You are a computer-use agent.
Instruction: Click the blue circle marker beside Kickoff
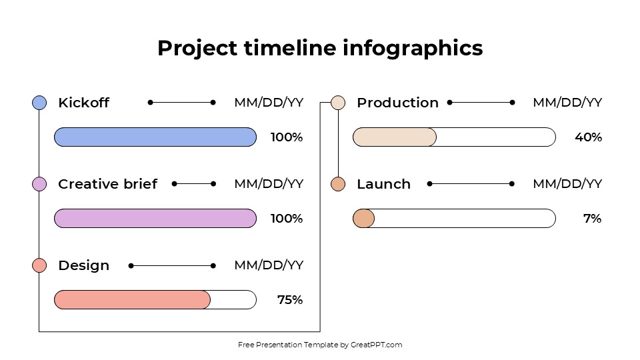(x=39, y=103)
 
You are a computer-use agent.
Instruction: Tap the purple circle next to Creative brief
(x=39, y=184)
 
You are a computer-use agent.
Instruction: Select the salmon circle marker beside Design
(x=39, y=265)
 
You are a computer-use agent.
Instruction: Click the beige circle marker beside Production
(x=338, y=103)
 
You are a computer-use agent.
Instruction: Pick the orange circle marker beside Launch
(x=338, y=184)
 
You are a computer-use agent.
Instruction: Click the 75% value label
(x=290, y=300)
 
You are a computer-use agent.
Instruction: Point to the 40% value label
(x=588, y=137)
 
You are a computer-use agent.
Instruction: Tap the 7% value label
(x=592, y=219)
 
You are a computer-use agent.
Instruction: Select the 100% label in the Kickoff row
(x=287, y=137)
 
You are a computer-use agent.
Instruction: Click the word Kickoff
(x=83, y=103)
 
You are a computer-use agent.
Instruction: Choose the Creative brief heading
(x=107, y=184)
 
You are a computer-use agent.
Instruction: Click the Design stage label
(x=83, y=265)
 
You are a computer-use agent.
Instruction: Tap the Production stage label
(x=397, y=103)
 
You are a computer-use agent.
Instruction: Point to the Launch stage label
(x=383, y=184)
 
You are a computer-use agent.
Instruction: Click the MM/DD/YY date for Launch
(x=567, y=184)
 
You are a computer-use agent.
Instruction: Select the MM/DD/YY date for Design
(x=269, y=265)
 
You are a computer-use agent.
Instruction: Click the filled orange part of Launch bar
(x=363, y=219)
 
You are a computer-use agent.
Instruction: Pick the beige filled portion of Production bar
(x=394, y=137)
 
